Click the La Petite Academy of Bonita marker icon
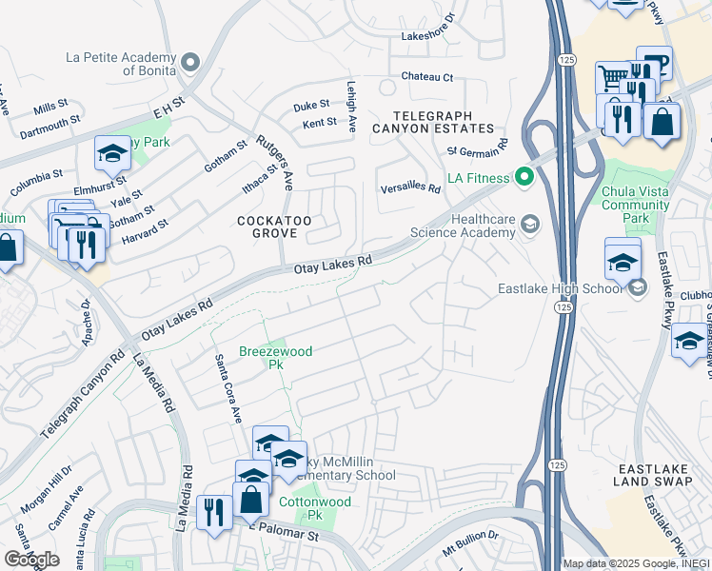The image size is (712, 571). click(x=189, y=63)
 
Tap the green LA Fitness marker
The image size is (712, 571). click(x=523, y=176)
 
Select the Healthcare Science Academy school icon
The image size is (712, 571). click(x=530, y=225)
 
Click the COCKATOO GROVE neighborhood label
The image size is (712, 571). click(x=275, y=227)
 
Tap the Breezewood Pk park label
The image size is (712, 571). click(x=275, y=358)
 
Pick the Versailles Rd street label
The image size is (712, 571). click(x=409, y=188)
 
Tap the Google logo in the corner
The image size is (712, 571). click(x=31, y=560)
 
